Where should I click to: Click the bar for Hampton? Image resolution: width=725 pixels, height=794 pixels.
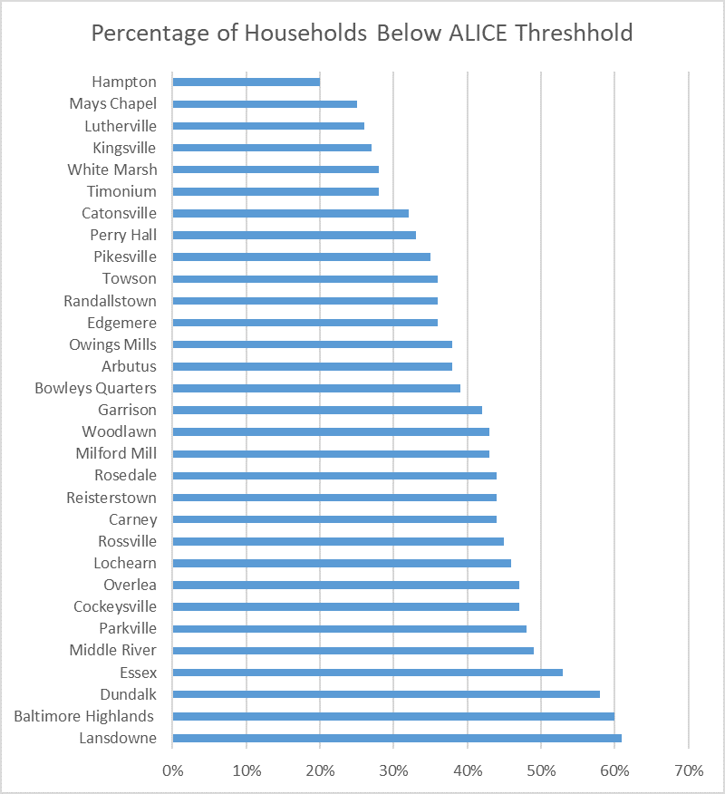coord(246,82)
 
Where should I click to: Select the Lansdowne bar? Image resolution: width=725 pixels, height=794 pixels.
coord(397,739)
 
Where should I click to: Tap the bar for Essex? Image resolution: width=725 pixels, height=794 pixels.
coord(368,673)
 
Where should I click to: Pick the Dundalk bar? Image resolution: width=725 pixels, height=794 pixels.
coord(386,694)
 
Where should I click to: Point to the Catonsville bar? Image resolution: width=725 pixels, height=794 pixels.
coord(291,213)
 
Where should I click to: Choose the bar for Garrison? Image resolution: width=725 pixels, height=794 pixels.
coord(327,411)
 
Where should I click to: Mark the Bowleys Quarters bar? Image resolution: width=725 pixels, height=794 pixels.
coord(316,389)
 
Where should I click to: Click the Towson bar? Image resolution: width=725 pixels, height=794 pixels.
coord(305,279)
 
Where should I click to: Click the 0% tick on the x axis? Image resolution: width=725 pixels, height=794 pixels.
coord(173,770)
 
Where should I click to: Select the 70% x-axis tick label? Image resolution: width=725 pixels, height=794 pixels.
coord(689,770)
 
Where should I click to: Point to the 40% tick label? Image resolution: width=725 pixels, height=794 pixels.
coord(468,770)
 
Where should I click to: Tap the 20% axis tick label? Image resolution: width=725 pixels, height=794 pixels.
coord(320,770)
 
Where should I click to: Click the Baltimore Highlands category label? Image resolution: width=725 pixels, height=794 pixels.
coord(83,717)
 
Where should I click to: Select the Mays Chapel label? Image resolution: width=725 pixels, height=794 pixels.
coord(113,104)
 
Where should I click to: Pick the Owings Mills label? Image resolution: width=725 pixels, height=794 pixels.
coord(113,344)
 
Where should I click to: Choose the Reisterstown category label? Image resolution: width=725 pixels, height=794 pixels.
coord(111,498)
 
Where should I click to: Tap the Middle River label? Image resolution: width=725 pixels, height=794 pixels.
coord(113,650)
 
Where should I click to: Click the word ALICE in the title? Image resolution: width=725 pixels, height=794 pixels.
coord(478,34)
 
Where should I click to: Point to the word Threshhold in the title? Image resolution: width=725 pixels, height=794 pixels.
coord(575,34)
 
